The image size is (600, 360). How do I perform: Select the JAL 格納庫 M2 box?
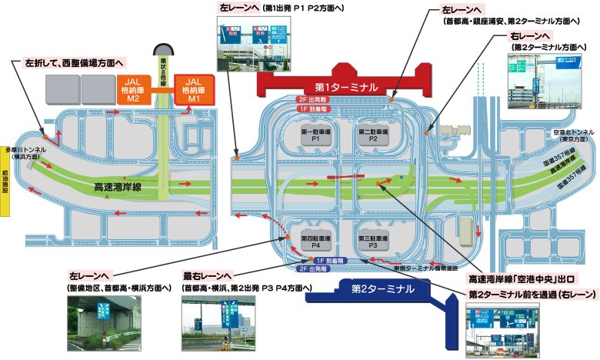[x=132, y=89]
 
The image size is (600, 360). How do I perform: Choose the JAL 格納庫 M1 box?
[x=193, y=89]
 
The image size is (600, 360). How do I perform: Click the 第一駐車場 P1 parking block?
[x=315, y=136]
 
